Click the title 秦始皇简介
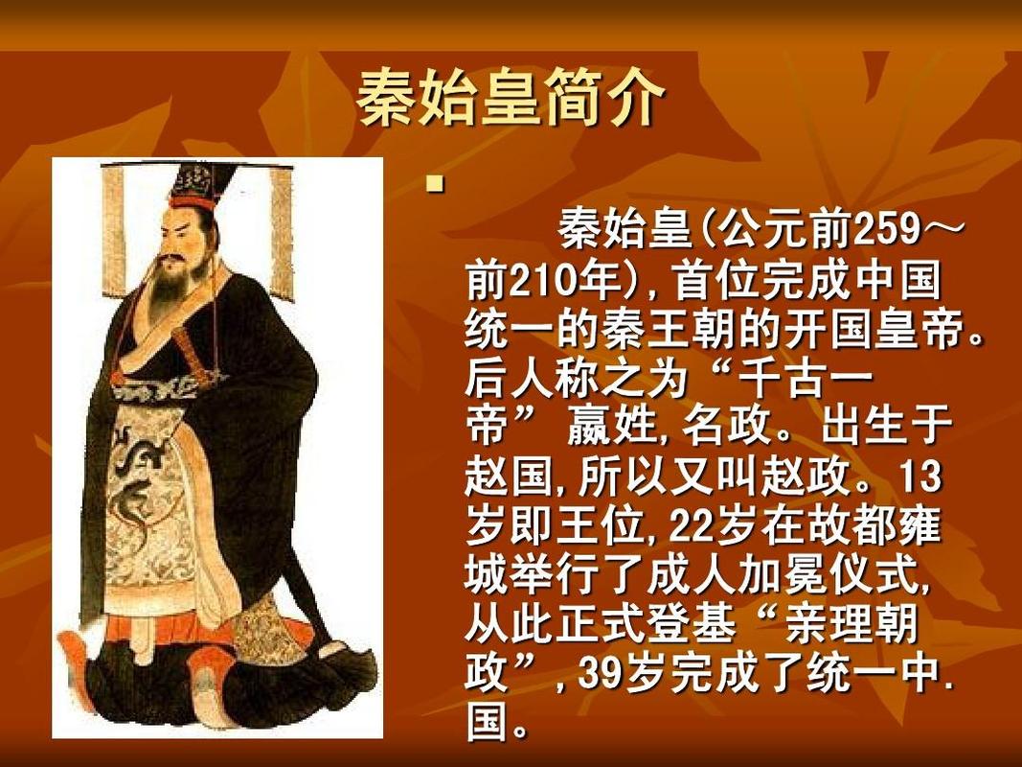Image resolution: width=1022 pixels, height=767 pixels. coord(510,99)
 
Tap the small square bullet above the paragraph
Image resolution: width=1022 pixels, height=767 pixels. coord(436,182)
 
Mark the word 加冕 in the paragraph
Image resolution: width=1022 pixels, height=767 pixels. coord(751,576)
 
